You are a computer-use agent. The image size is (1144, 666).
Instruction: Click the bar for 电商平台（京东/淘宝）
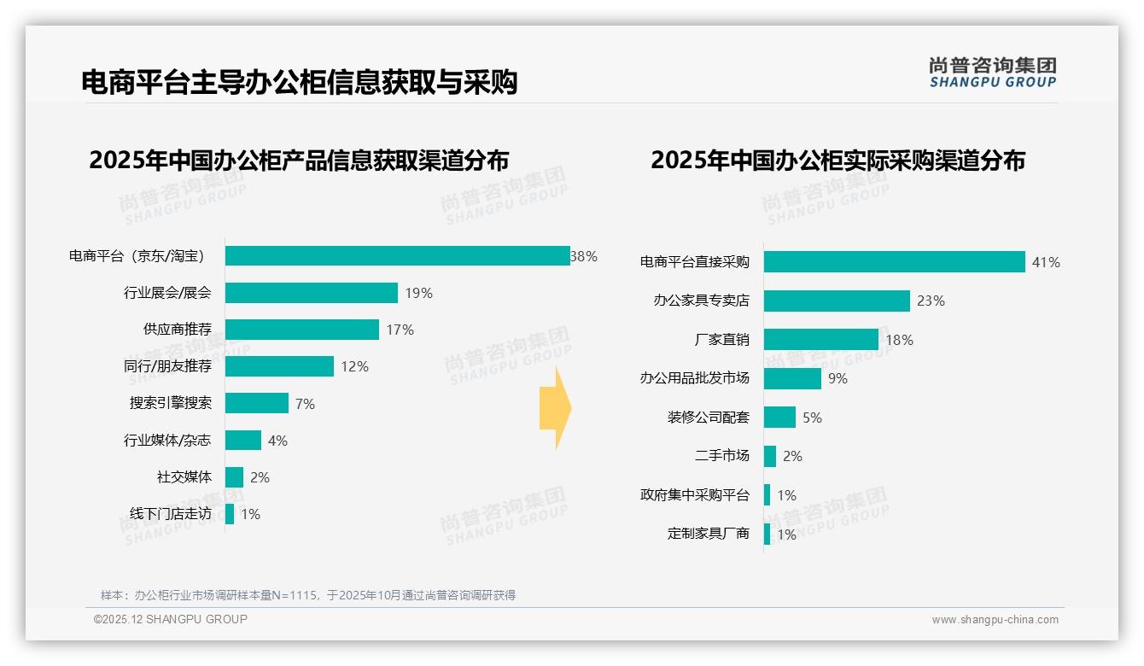point(397,256)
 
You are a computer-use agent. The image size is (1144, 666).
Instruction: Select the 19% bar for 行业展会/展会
point(312,293)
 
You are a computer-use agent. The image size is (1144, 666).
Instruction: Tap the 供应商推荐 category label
point(178,330)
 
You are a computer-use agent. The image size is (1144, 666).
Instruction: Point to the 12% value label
point(353,366)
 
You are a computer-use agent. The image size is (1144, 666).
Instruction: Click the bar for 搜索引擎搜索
point(257,403)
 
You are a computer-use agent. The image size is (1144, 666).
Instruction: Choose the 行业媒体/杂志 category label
point(167,441)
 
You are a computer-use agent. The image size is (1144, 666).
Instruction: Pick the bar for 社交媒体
point(234,477)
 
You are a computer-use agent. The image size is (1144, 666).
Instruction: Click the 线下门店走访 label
point(170,514)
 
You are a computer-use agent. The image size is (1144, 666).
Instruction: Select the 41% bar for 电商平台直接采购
point(894,262)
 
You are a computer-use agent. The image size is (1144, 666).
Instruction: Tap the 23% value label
point(931,301)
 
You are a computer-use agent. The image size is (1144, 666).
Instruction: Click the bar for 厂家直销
point(820,340)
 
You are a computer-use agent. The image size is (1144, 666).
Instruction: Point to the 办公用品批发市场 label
point(695,378)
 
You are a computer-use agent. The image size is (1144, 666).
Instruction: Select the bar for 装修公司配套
point(779,418)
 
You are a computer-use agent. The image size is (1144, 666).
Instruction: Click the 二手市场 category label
point(722,456)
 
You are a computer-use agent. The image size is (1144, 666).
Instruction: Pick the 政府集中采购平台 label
point(695,495)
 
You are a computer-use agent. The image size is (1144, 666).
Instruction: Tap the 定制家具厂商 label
point(709,534)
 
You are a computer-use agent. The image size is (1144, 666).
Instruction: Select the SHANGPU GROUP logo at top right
point(992,73)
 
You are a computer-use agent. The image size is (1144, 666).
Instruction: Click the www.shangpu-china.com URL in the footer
point(995,620)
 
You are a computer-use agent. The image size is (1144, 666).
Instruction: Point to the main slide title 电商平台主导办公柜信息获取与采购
point(300,83)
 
